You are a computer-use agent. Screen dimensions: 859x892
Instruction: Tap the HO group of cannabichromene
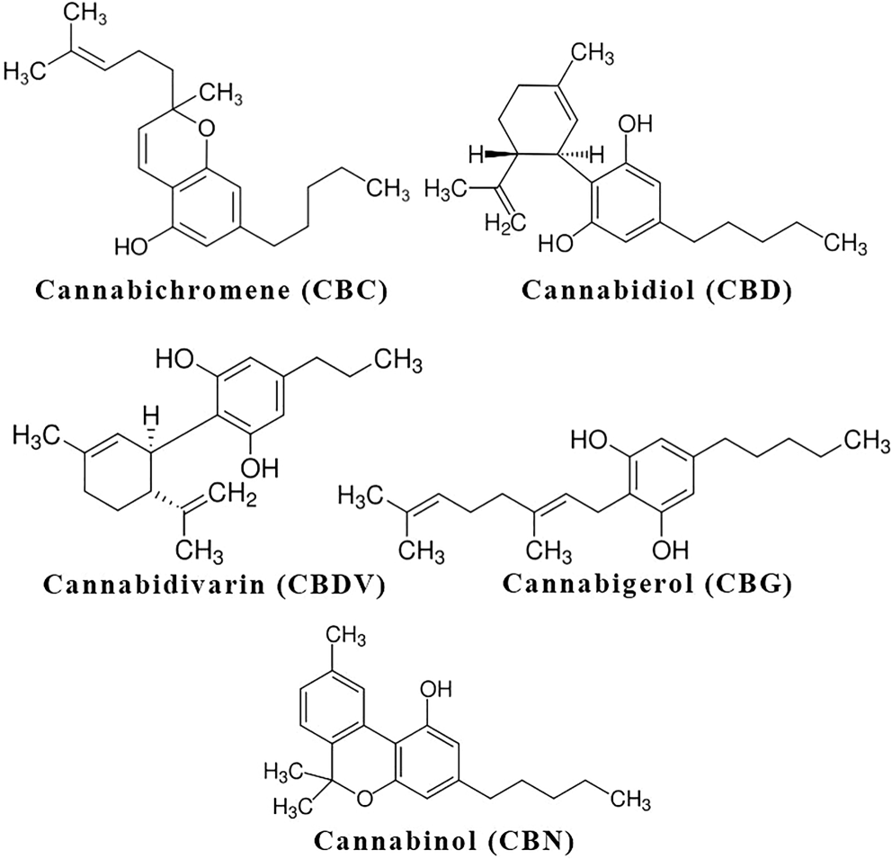[x=131, y=244]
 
